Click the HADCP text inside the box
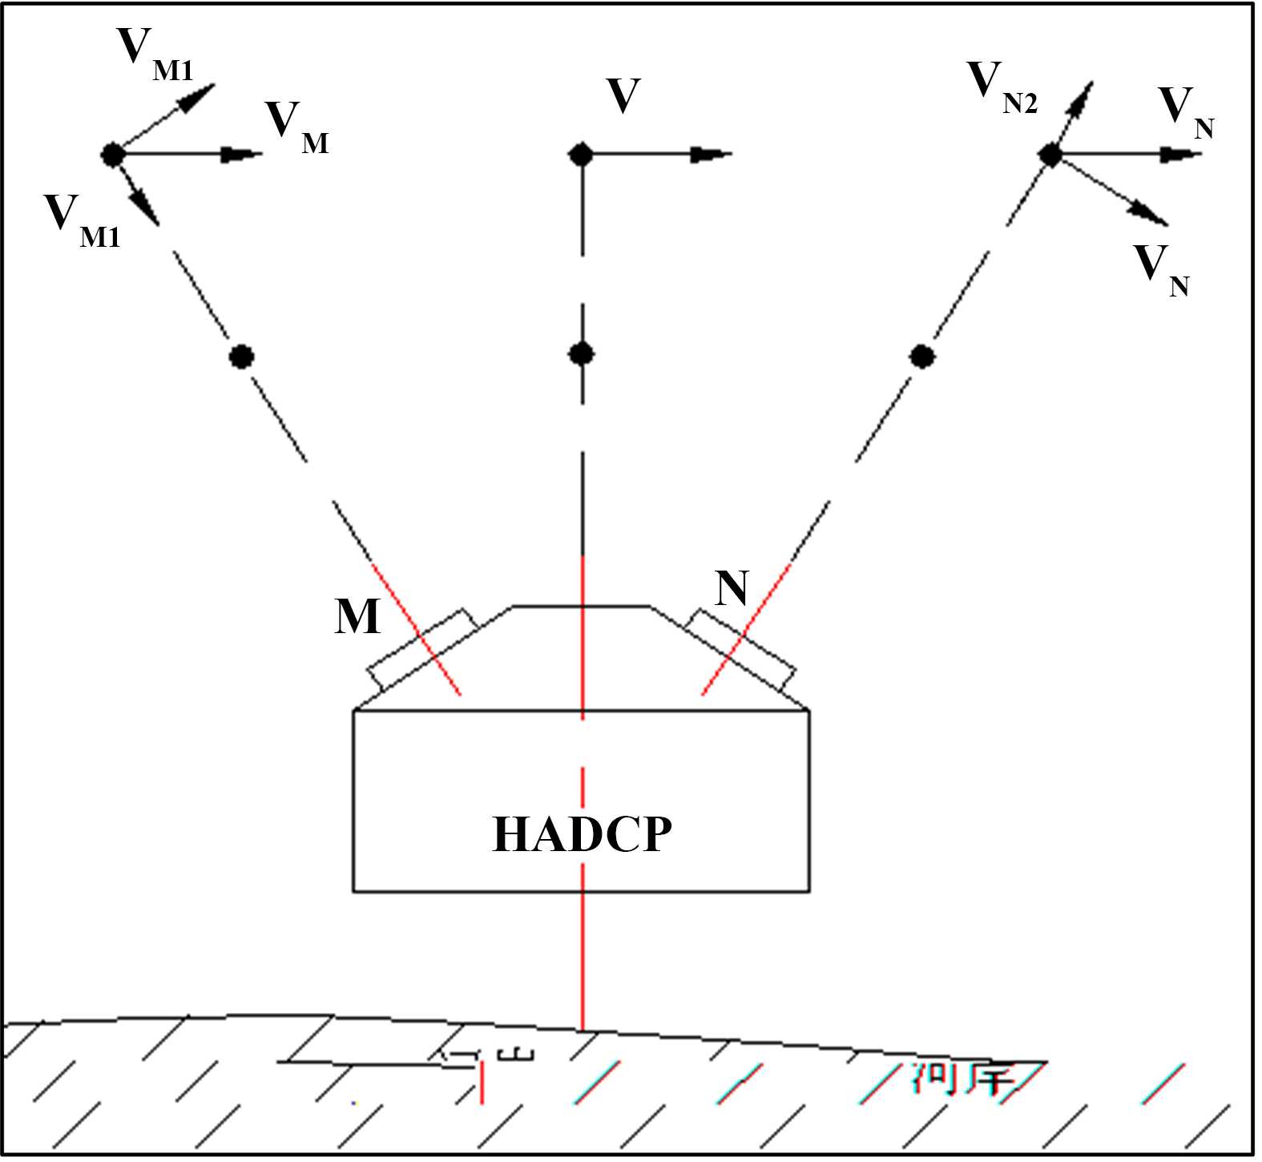582,834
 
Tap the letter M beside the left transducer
357,617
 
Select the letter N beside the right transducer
731,589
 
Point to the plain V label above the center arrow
623,96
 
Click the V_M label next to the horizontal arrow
295,126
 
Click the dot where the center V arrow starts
581,154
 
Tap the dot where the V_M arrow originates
112,154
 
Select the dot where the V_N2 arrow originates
1050,155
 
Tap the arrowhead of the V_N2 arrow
1083,91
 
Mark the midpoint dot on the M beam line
241,356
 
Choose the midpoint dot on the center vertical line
581,353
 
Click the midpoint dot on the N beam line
922,355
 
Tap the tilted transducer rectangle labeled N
741,650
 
